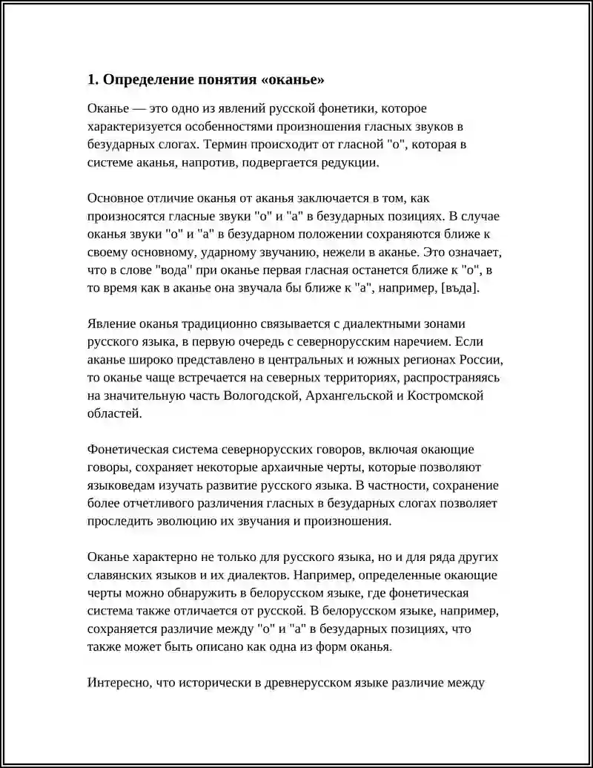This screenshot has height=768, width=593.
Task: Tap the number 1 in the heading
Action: [90, 79]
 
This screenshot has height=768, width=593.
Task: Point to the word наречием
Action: [423, 342]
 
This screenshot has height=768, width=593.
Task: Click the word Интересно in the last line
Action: [117, 682]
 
